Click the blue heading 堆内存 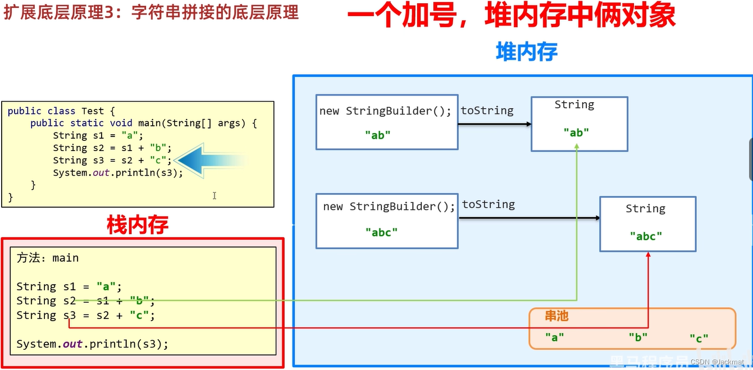tap(526, 52)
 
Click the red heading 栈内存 tap(138, 225)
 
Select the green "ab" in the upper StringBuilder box tap(378, 135)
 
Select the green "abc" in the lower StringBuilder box tap(381, 232)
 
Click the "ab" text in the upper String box tap(576, 133)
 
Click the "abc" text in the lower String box tap(646, 236)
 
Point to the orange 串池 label tap(556, 316)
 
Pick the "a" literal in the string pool tap(554, 337)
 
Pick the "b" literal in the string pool tap(638, 337)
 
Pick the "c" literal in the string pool tap(699, 338)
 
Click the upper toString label tap(487, 111)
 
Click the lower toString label tap(488, 204)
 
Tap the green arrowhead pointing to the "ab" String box tap(577, 147)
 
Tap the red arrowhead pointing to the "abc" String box tap(648, 255)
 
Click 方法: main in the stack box tap(48, 258)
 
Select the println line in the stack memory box tap(92, 344)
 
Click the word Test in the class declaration tap(93, 111)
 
